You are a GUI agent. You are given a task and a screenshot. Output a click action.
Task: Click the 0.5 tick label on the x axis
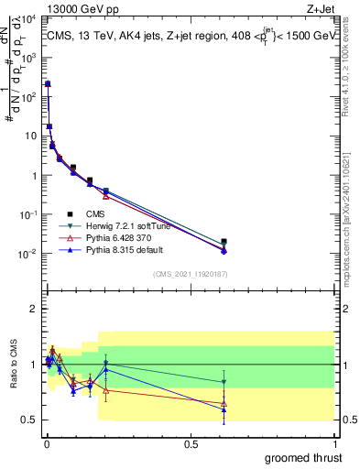coord(191,442)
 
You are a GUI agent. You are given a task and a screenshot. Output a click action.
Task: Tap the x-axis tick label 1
coord(334,442)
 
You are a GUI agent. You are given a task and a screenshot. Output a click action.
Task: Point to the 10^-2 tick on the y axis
coord(29,254)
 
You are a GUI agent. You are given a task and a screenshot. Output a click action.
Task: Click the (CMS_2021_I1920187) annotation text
coord(190,274)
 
